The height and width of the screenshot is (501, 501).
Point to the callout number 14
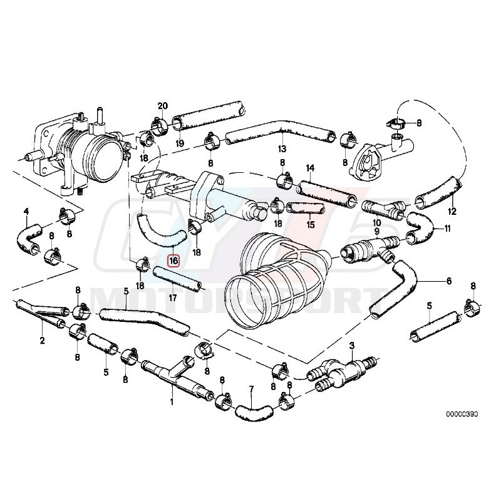(309, 168)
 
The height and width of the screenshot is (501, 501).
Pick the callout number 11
(448, 229)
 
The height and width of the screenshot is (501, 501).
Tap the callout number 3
(352, 346)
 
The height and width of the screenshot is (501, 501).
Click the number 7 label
(251, 390)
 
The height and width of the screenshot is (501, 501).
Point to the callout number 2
(42, 341)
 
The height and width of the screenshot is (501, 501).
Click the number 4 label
(26, 211)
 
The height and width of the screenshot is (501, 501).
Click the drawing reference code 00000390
(462, 415)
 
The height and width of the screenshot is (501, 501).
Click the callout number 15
(311, 224)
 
